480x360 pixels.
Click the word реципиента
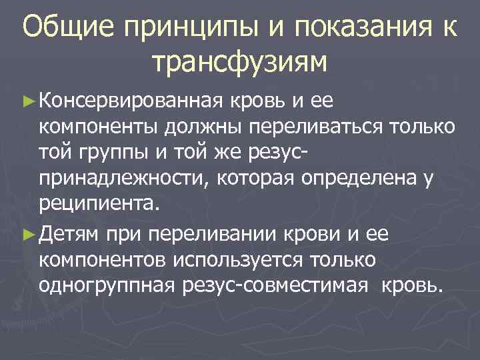pos(99,203)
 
